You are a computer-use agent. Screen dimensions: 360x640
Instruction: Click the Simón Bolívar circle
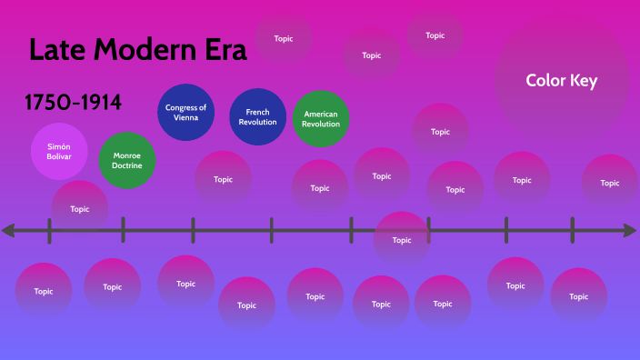[x=59, y=151]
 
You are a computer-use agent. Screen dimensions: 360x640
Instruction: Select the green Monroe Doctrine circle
[x=127, y=160]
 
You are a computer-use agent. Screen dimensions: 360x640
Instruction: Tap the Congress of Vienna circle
[x=185, y=112]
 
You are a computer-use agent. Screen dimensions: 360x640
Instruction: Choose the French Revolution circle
[x=258, y=117]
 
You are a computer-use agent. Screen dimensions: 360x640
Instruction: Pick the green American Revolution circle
[x=321, y=118]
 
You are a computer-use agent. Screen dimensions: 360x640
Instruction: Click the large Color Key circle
[x=561, y=81]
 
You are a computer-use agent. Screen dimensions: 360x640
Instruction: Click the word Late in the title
[x=61, y=50]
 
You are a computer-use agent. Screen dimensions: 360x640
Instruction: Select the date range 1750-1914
[x=74, y=103]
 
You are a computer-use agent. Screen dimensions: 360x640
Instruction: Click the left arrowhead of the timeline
[x=8, y=231]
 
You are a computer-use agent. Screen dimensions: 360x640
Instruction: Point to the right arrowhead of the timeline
[x=630, y=231]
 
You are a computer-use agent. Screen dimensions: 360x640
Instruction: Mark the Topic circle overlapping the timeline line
[x=401, y=240]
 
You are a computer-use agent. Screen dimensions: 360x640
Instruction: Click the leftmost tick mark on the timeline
[x=50, y=231]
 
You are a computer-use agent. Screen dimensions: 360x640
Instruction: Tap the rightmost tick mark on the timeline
[x=572, y=231]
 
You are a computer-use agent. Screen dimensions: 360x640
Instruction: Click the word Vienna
[x=185, y=117]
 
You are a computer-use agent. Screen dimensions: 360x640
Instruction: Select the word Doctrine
[x=127, y=165]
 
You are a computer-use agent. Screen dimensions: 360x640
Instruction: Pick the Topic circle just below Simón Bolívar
[x=80, y=208]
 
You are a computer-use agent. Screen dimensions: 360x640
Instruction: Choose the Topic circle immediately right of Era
[x=284, y=39]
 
